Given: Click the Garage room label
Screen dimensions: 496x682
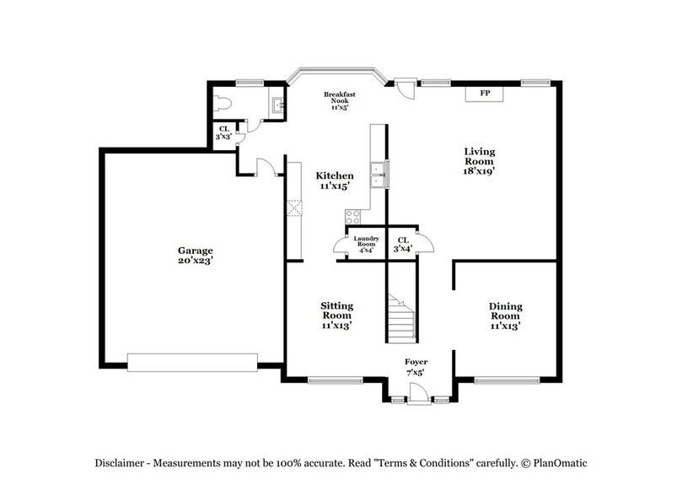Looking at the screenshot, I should (x=195, y=251).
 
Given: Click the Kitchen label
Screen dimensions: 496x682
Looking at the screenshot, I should (x=335, y=175).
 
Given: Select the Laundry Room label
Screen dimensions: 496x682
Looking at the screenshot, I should (x=365, y=240).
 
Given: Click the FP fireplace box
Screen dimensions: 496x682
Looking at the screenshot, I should (x=485, y=93).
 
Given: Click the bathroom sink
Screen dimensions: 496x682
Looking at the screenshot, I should (x=277, y=106).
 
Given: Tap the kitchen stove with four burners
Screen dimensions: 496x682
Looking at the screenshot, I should (x=352, y=217).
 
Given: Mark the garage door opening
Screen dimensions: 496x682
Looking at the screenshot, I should (x=192, y=362).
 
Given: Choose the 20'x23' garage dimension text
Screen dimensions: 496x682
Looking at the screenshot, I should (x=195, y=261).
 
